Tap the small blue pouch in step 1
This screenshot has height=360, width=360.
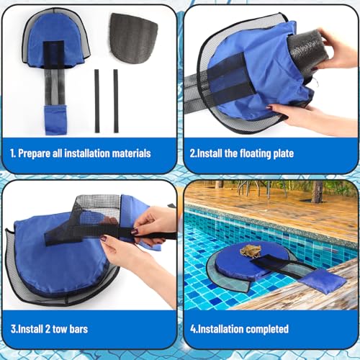click(x=55, y=118)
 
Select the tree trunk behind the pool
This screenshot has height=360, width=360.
click(x=318, y=191)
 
